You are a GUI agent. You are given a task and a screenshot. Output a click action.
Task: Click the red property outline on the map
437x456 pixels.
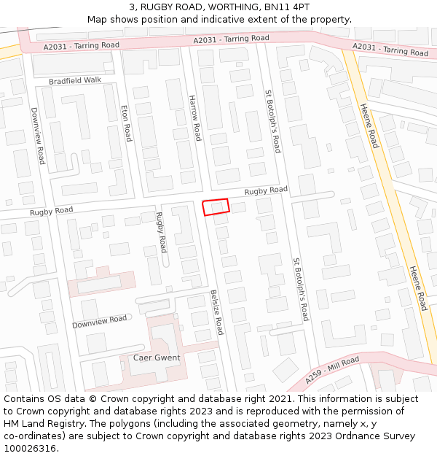tap(216, 207)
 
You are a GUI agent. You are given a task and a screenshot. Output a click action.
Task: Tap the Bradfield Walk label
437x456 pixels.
tap(75, 80)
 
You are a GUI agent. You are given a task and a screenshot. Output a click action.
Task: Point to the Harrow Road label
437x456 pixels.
tap(194, 117)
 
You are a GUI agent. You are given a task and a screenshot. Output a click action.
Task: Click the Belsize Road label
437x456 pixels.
tap(216, 312)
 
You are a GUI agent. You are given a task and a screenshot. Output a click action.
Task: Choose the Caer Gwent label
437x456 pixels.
tap(157, 358)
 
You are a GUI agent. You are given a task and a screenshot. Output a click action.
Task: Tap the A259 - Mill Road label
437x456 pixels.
tap(332, 370)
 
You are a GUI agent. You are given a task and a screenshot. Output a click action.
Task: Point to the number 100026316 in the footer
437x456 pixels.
tap(30, 449)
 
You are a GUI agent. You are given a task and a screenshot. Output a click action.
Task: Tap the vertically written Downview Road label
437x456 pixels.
tap(37, 136)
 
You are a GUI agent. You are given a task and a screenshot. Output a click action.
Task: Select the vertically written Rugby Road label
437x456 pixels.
tap(161, 232)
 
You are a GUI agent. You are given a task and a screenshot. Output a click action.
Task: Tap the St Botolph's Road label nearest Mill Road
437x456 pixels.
tap(301, 289)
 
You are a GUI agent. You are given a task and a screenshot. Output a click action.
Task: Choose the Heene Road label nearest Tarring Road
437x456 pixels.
tap(370, 125)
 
